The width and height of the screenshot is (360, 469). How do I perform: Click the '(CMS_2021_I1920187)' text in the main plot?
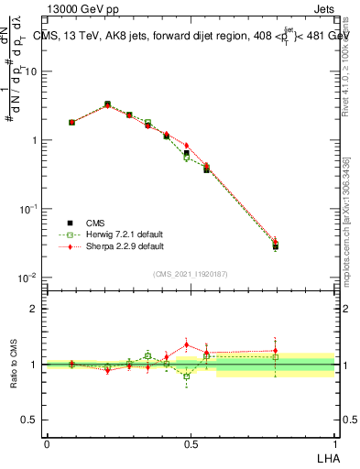pyautogui.click(x=191, y=272)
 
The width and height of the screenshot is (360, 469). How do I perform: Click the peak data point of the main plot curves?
pyautogui.click(x=107, y=104)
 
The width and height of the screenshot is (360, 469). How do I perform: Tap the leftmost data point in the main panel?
pyautogui.click(x=71, y=122)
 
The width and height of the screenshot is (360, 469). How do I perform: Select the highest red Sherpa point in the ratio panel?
pyautogui.click(x=187, y=345)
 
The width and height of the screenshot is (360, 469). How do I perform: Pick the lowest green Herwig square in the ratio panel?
pyautogui.click(x=187, y=376)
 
